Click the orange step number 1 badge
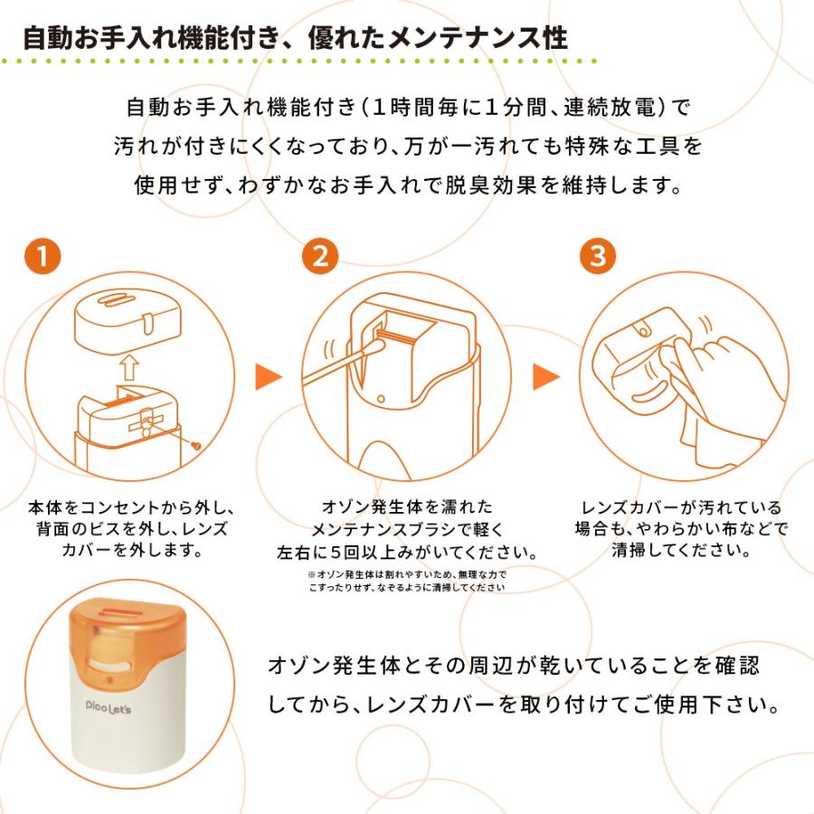(x=43, y=256)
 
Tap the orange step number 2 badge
(x=319, y=256)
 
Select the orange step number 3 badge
(x=597, y=256)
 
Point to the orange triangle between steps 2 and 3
(x=544, y=377)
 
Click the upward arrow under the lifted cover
(x=129, y=367)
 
